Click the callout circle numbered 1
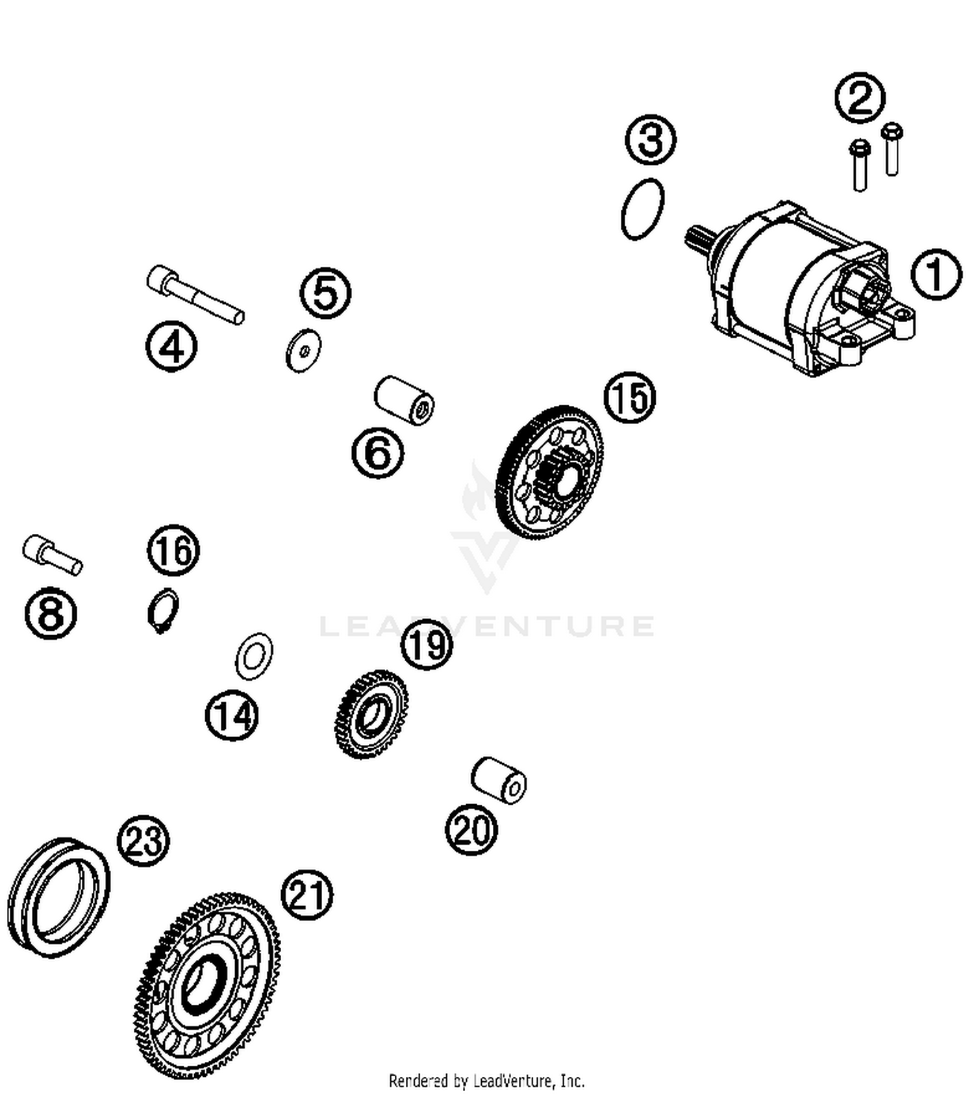pos(935,274)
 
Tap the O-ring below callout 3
pos(642,208)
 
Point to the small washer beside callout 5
pos(303,351)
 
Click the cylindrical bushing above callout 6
pos(404,399)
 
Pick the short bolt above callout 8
pos(52,555)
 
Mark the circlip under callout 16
pos(162,611)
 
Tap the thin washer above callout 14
pos(254,656)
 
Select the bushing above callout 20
pos(499,780)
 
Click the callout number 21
pos(306,895)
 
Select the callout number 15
pos(629,397)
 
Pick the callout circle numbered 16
pos(173,550)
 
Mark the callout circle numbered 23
pos(144,841)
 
